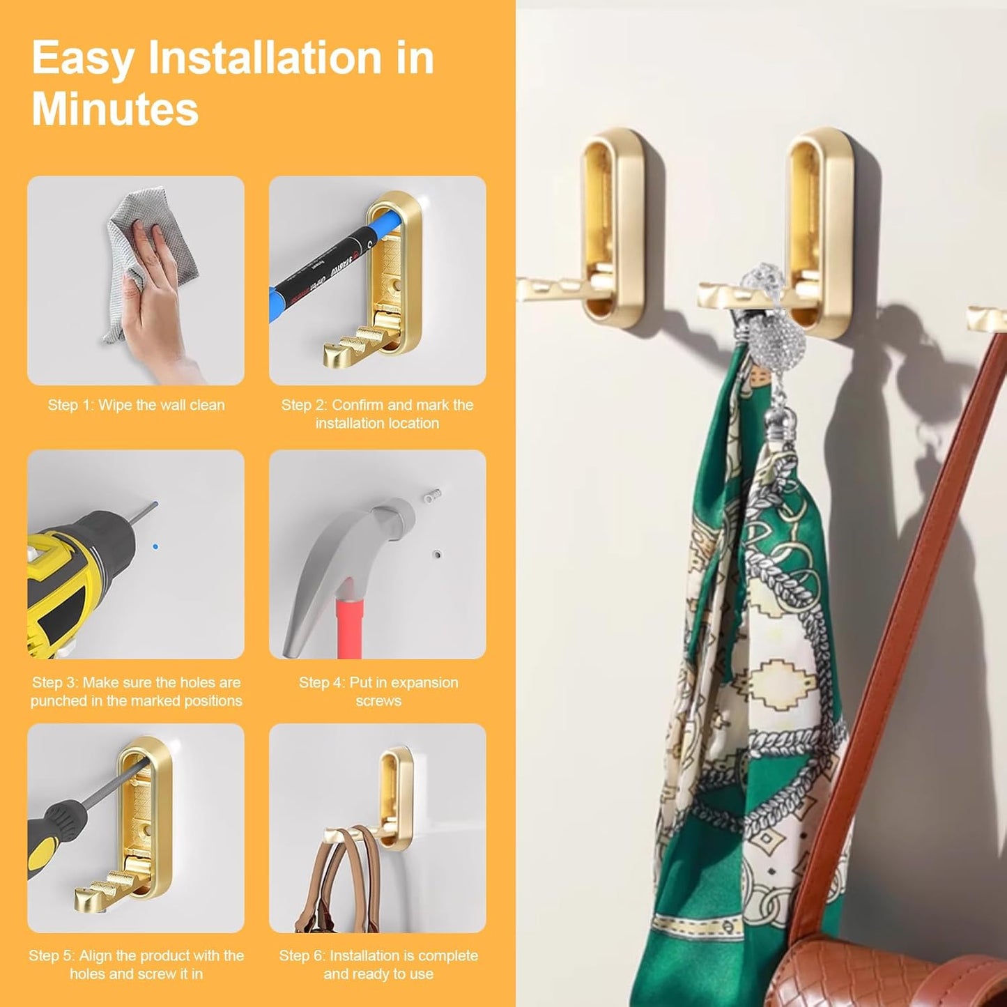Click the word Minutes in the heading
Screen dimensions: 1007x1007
pyautogui.click(x=115, y=109)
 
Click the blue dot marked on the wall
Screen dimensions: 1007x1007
pyautogui.click(x=155, y=547)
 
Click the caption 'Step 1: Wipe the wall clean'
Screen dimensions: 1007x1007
pyautogui.click(x=136, y=405)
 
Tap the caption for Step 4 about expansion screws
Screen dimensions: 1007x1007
pyautogui.click(x=378, y=691)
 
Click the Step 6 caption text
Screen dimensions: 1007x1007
pyautogui.click(x=378, y=964)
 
